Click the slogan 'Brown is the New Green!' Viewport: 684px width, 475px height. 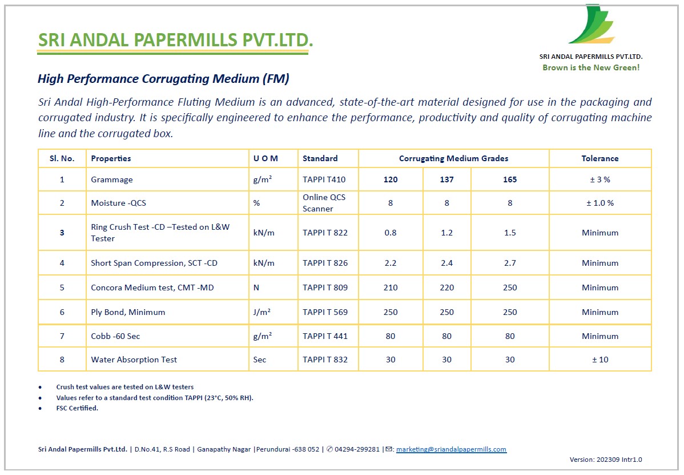[591, 67]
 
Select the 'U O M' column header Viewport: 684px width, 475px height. [265, 158]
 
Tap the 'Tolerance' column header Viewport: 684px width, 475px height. [599, 158]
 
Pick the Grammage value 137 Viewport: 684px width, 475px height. [446, 179]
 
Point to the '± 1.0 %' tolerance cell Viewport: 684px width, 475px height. [600, 203]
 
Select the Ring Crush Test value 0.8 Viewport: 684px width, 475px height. [391, 233]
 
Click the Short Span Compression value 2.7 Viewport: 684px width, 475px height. [510, 263]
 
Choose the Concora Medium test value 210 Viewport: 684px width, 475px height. [391, 288]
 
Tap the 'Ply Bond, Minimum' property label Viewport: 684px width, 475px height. [128, 312]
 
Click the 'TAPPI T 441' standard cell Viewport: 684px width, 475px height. [325, 336]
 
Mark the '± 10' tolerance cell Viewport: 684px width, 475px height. [600, 360]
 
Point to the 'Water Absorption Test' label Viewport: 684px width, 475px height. [134, 360]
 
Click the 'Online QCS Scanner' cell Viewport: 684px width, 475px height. [324, 203]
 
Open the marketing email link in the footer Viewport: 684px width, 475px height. [451, 449]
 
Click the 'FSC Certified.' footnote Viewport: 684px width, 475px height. [77, 408]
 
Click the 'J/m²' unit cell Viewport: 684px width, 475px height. [263, 312]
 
